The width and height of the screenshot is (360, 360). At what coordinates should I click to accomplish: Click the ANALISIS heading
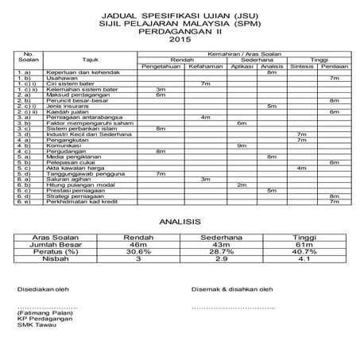coord(180,224)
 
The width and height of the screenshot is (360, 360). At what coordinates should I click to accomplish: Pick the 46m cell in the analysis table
coord(139,244)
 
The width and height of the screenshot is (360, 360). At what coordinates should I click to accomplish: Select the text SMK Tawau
coord(33,326)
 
